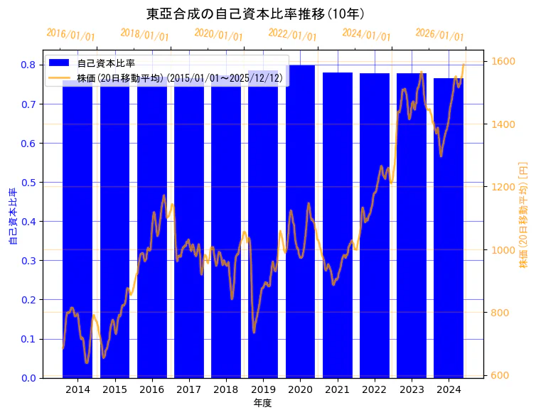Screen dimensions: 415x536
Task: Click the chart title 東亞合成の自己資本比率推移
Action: tap(255, 14)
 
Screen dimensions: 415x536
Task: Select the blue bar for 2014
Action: tap(77, 235)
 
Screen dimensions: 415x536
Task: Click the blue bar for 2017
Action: tap(189, 235)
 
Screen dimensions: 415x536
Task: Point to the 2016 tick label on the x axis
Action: tap(151, 389)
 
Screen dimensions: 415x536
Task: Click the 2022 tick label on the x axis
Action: tap(374, 389)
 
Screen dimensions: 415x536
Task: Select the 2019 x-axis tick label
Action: tap(263, 389)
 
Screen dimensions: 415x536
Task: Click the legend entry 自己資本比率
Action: tap(107, 63)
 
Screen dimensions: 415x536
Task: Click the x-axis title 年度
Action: tap(263, 403)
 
